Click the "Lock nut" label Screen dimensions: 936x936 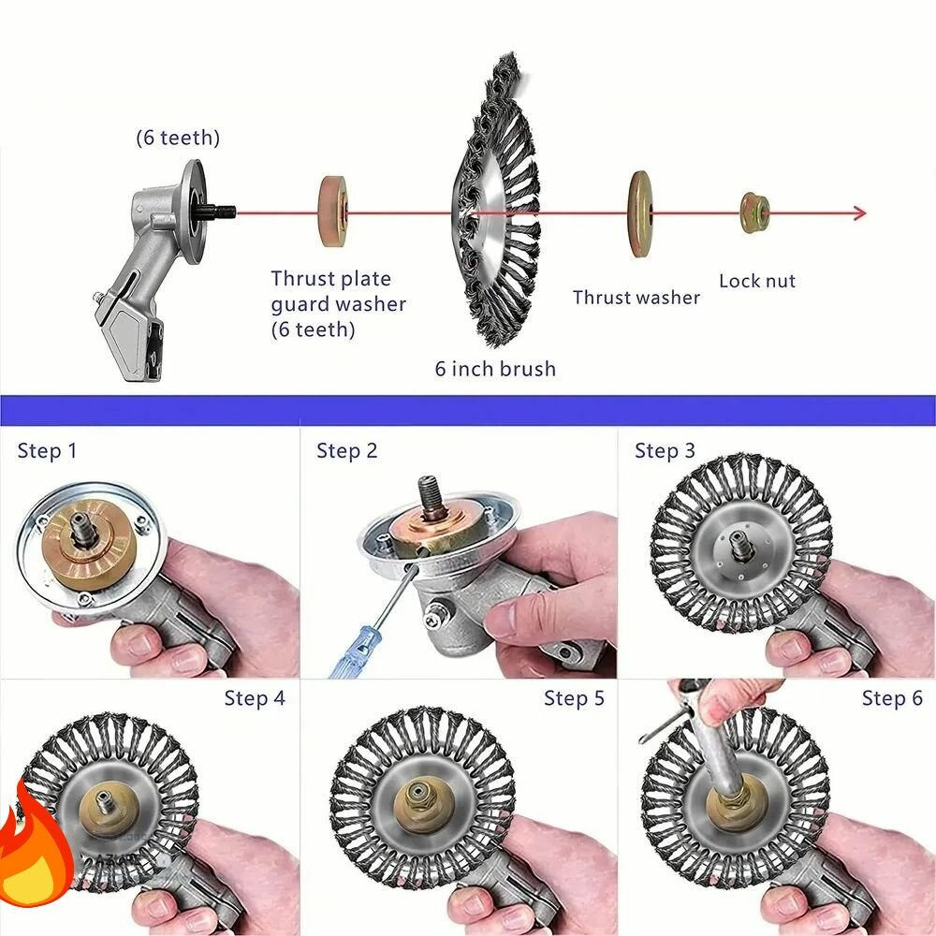757,281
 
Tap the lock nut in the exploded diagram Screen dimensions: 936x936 754,212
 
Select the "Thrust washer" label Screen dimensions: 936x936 636,298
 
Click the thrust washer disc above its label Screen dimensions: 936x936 640,213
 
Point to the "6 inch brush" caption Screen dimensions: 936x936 495,368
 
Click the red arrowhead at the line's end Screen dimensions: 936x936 859,213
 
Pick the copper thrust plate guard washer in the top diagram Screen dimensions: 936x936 333,211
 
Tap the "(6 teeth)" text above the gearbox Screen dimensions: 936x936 178,138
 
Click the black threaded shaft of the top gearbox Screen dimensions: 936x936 218,212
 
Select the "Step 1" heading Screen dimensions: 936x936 47,451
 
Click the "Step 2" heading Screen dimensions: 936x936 347,451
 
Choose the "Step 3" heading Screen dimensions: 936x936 665,451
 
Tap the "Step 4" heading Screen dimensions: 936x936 255,698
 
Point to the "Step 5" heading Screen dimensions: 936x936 575,698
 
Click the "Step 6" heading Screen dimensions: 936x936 892,698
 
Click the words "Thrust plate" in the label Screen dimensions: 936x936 330,279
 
